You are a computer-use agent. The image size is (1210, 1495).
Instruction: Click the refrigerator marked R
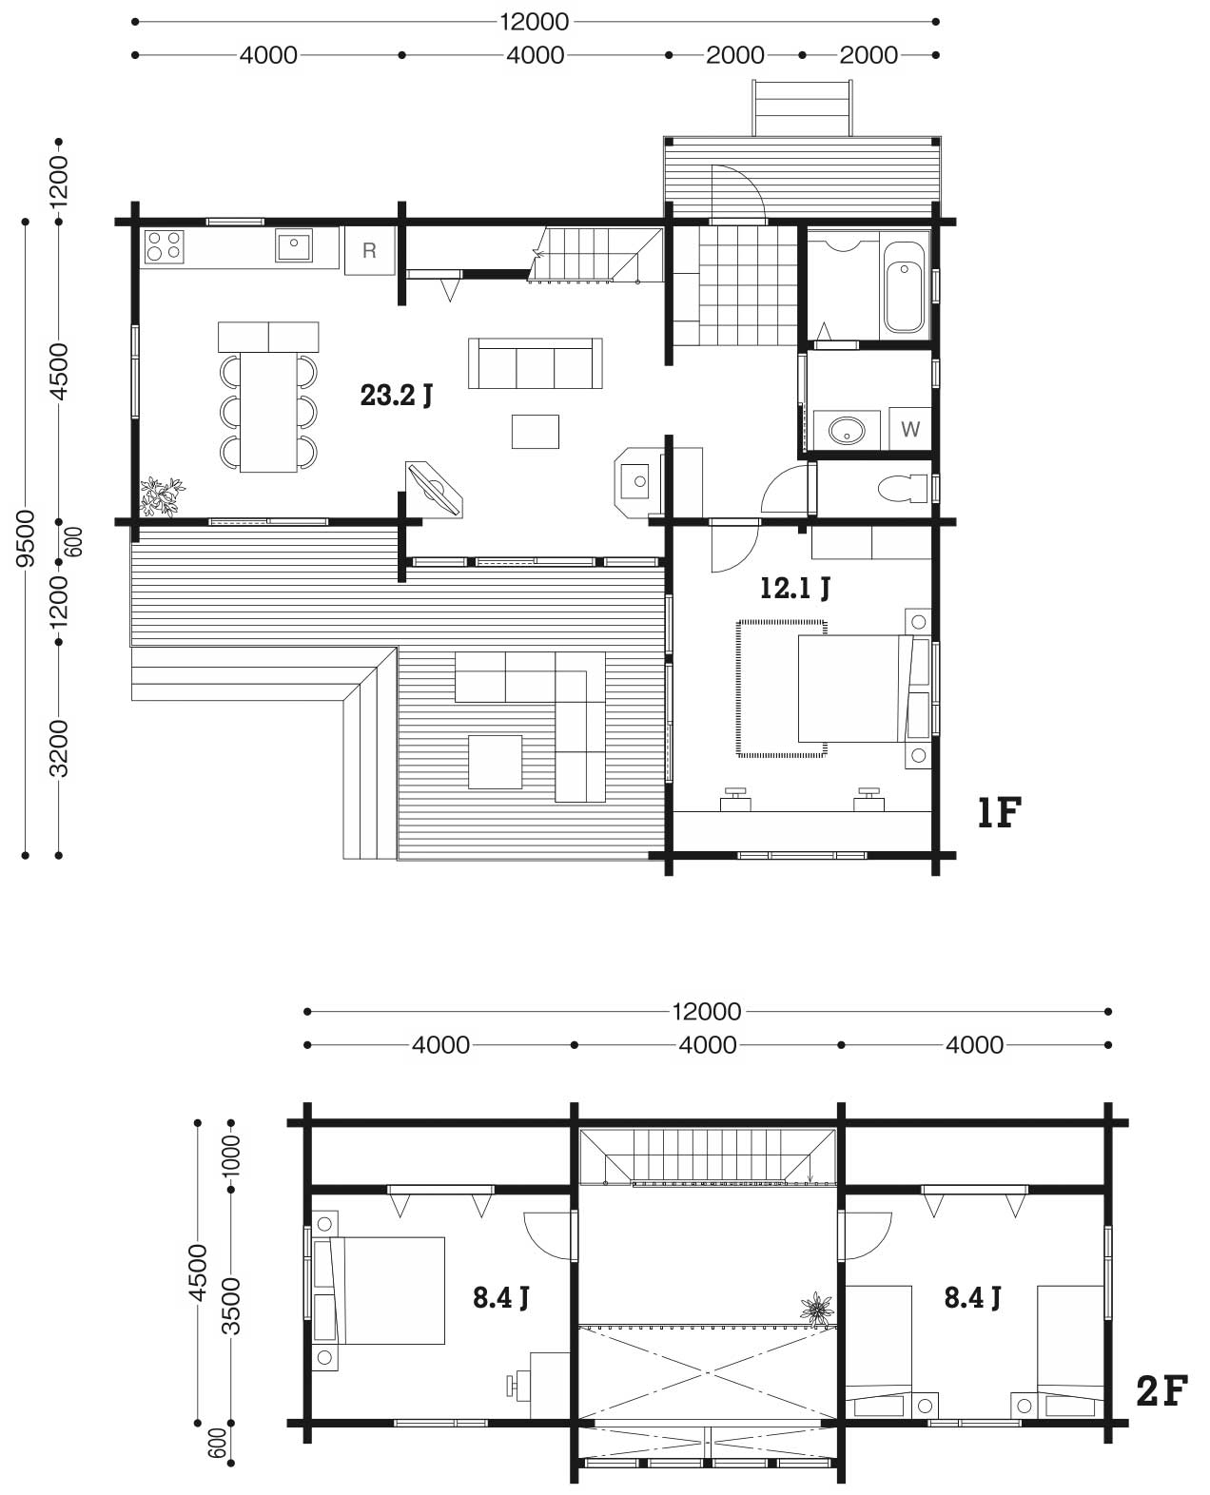[369, 250]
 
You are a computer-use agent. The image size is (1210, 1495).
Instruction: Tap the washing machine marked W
[909, 428]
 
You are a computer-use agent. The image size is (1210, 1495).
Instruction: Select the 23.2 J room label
[396, 396]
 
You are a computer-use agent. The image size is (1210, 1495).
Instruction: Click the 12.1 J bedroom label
[795, 588]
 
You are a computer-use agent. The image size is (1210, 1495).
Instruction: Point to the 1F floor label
[1000, 812]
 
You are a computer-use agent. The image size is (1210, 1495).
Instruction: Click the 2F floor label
[1161, 1391]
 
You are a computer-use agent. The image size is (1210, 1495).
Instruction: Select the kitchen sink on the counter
[294, 245]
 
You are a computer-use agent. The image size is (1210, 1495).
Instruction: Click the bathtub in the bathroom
[904, 287]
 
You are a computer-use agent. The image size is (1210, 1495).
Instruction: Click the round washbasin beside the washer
[847, 430]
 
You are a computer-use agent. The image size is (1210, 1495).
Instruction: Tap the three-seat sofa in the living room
[536, 363]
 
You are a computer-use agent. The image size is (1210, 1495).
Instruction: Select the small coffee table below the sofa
[536, 431]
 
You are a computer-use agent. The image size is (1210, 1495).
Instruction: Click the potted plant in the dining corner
[162, 495]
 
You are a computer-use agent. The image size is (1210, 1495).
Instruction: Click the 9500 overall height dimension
[26, 538]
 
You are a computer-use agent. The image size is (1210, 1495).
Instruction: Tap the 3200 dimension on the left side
[59, 748]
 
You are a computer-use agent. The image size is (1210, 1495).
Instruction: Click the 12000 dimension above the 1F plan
[534, 22]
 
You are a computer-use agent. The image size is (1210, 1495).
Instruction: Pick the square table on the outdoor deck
[496, 762]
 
